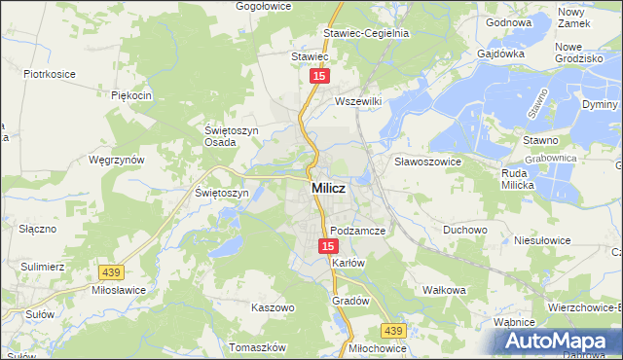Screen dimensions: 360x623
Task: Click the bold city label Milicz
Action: [325, 189]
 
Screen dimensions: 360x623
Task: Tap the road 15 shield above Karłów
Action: [328, 247]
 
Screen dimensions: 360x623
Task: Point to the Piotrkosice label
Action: [50, 73]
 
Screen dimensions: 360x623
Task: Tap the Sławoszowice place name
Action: [426, 161]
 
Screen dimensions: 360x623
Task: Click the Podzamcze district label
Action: [358, 231]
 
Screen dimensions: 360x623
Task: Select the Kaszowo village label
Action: [273, 307]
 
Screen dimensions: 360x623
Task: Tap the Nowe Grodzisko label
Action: [579, 53]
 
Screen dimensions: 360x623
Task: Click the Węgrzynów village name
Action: [116, 160]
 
